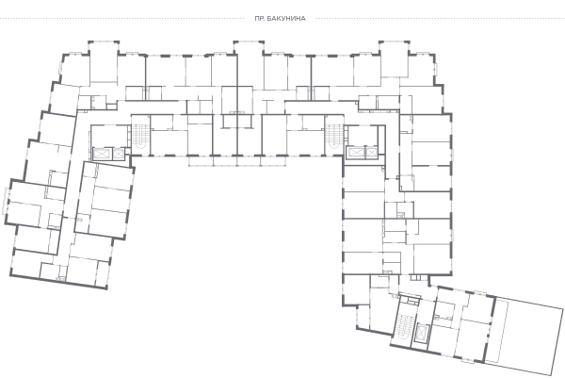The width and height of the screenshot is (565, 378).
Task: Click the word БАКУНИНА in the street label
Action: pyautogui.click(x=287, y=19)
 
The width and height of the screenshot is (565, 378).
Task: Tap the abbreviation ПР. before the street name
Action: pyautogui.click(x=260, y=19)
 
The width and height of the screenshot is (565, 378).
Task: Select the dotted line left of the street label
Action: pyautogui.click(x=122, y=19)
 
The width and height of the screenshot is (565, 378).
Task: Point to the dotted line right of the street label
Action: pyautogui.click(x=441, y=19)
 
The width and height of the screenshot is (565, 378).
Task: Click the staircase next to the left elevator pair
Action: pyautogui.click(x=140, y=136)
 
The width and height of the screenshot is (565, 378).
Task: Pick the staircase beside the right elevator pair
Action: pyautogui.click(x=334, y=137)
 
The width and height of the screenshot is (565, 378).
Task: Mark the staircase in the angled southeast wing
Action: pyautogui.click(x=404, y=324)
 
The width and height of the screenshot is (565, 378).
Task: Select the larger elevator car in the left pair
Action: pyautogui.click(x=103, y=154)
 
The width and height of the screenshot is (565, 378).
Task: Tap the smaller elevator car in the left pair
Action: pyautogui.click(x=119, y=154)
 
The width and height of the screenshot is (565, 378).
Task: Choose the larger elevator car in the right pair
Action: pyautogui.click(x=355, y=153)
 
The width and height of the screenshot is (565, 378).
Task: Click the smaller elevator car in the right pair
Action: pyautogui.click(x=371, y=153)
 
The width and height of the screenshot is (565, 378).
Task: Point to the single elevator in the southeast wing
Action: pyautogui.click(x=422, y=334)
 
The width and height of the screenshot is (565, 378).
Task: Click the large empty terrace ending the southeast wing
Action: pyautogui.click(x=525, y=337)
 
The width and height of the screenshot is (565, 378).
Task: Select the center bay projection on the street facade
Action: pyautogui.click(x=249, y=59)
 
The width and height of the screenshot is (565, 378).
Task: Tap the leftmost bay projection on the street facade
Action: pyautogui.click(x=104, y=61)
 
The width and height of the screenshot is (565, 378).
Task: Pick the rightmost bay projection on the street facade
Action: pyautogui.click(x=394, y=59)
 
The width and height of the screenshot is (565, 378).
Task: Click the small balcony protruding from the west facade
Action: pyautogui.click(x=6, y=202)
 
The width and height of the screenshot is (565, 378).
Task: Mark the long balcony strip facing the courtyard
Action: pyautogui.click(x=238, y=161)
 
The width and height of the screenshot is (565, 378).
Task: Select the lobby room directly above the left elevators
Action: pyautogui.click(x=110, y=136)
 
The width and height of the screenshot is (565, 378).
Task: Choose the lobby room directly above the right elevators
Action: pyautogui.click(x=362, y=136)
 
